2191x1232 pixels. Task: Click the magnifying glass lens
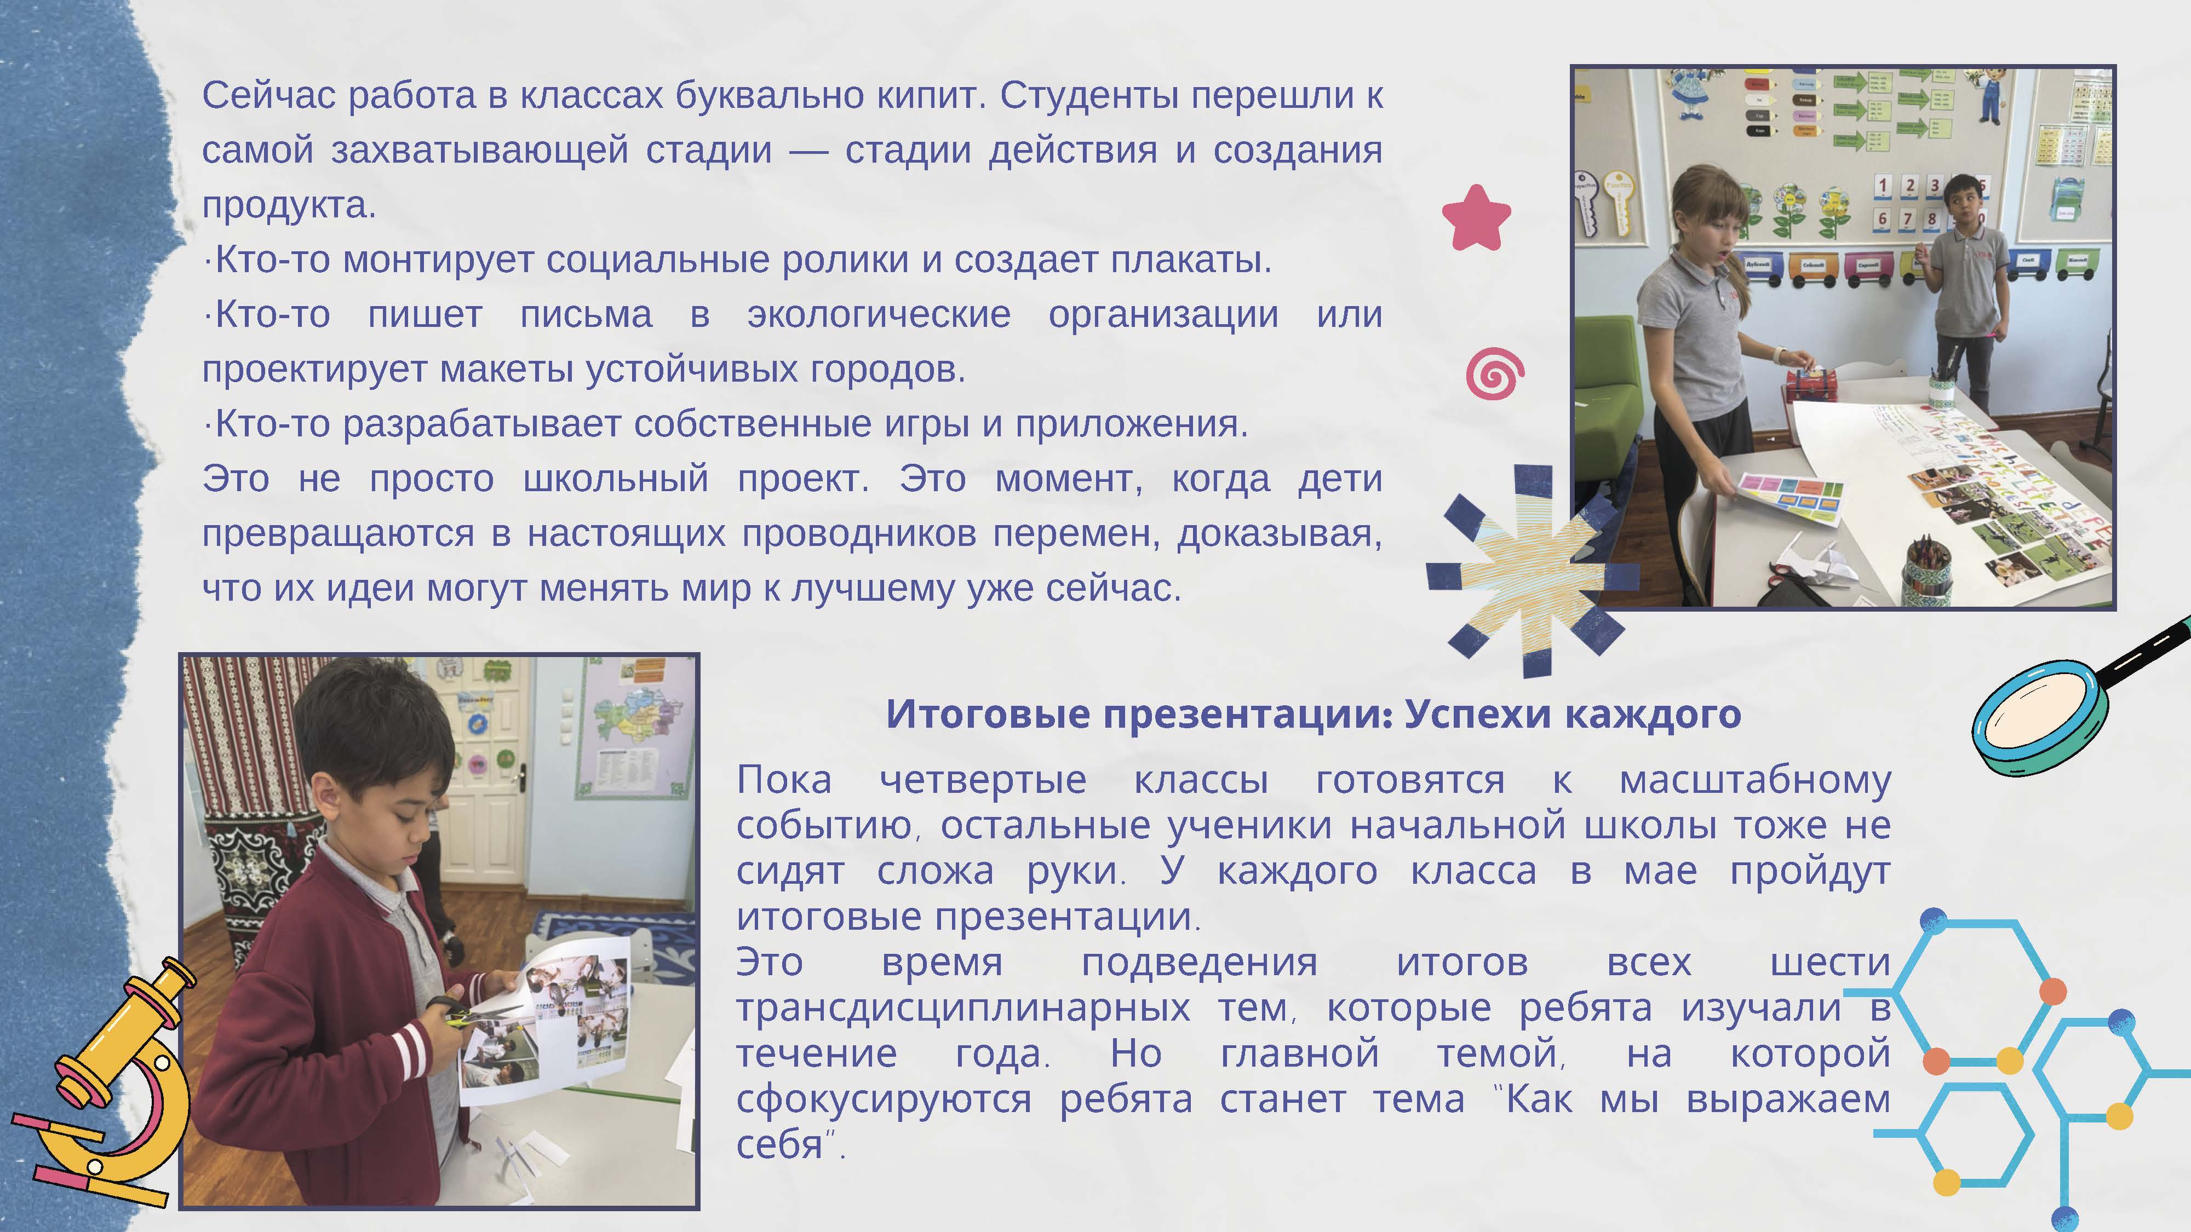point(2040,718)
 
